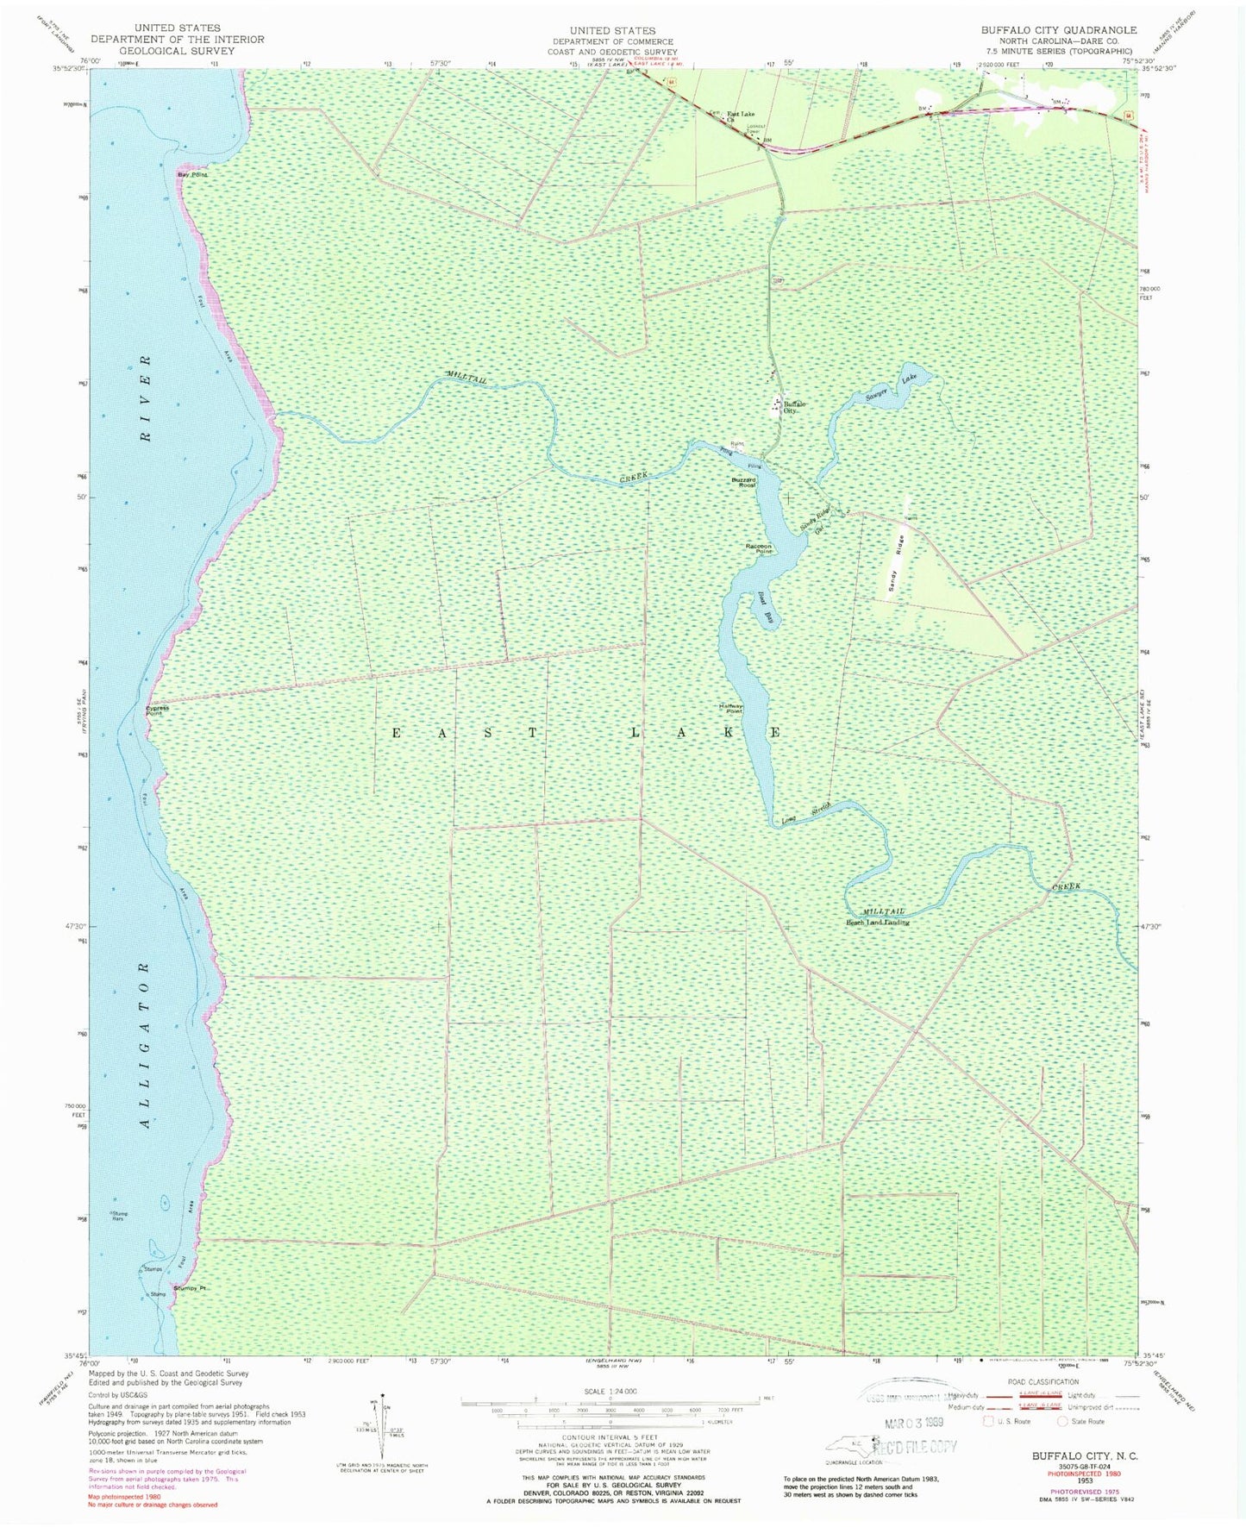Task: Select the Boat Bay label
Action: (x=766, y=605)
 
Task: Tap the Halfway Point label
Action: (x=730, y=709)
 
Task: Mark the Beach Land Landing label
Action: (x=877, y=922)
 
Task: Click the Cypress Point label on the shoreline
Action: (x=157, y=710)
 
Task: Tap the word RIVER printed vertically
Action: (x=146, y=397)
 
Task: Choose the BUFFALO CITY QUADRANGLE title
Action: (x=1058, y=29)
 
